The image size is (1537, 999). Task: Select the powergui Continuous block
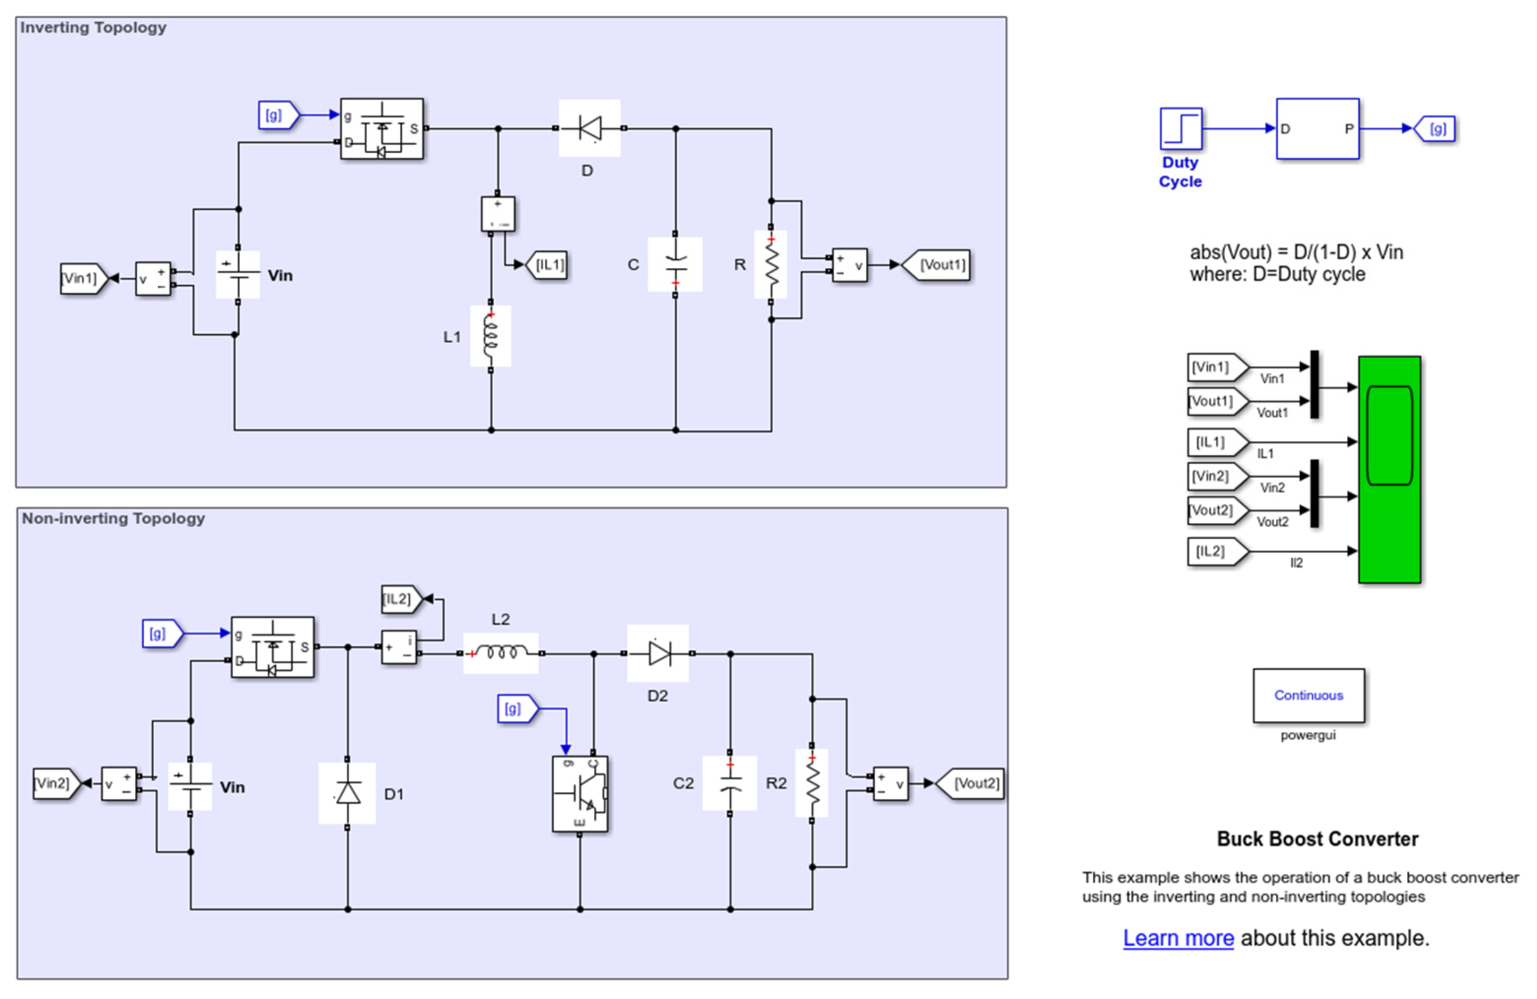[1308, 695]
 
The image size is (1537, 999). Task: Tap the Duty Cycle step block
[1180, 128]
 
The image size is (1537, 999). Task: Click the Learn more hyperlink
[1178, 938]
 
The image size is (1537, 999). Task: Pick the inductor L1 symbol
[491, 336]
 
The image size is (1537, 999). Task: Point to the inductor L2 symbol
[501, 653]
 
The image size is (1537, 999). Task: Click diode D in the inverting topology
[589, 128]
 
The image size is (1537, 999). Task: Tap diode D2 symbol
[658, 653]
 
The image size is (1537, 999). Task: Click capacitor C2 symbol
[730, 783]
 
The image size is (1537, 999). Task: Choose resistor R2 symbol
[812, 783]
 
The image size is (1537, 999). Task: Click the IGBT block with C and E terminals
[580, 794]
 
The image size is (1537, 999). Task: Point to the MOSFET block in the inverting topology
[382, 128]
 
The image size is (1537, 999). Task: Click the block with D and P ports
[1318, 128]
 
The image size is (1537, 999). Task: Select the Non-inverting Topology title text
[113, 518]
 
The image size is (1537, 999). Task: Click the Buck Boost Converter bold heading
[1318, 838]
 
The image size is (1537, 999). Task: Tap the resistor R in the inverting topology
[770, 265]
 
